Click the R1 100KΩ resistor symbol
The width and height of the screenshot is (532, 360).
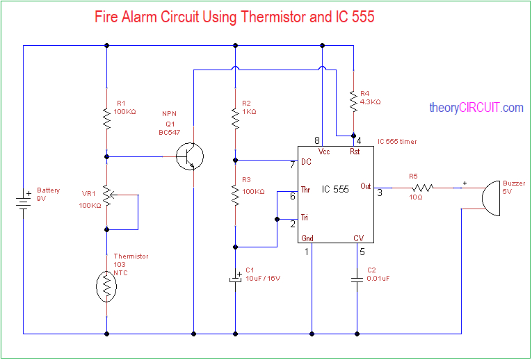[x=106, y=118]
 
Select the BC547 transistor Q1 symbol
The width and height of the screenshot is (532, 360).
[x=189, y=156]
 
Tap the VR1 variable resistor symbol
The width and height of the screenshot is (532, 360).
[x=107, y=195]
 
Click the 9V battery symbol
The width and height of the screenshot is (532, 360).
[x=23, y=201]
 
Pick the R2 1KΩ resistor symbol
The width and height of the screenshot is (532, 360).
[x=235, y=118]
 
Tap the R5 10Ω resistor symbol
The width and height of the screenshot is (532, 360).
[x=421, y=187]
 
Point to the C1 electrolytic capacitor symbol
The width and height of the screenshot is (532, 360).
[x=235, y=279]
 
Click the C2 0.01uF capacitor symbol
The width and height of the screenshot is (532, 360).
[x=357, y=279]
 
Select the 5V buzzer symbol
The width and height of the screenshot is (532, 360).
[x=490, y=197]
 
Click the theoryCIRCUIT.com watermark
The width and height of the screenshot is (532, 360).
[x=476, y=108]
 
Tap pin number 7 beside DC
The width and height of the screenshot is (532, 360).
[x=292, y=165]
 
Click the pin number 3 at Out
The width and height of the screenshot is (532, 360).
[x=379, y=193]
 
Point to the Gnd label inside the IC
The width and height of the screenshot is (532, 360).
[x=307, y=238]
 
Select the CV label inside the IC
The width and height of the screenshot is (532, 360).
[x=358, y=238]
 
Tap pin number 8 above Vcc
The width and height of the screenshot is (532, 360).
[x=317, y=140]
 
